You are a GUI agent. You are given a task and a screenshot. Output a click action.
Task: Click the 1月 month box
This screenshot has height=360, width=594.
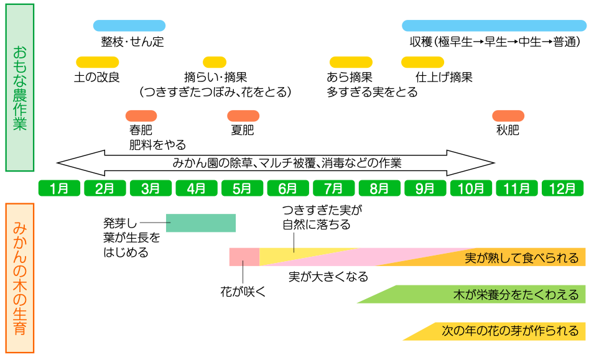(x=59, y=188)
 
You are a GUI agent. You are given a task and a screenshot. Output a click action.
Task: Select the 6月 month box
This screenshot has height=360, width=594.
(x=288, y=188)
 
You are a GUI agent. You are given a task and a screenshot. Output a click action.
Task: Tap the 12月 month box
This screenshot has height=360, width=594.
(x=563, y=188)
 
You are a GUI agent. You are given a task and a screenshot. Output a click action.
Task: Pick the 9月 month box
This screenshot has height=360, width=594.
(x=425, y=188)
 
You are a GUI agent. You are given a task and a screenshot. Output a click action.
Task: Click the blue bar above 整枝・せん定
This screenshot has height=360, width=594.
(x=129, y=25)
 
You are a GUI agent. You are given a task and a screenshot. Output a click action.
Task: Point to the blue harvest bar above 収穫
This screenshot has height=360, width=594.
(x=494, y=25)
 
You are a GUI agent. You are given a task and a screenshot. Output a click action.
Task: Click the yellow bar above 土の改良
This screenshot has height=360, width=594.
(x=97, y=62)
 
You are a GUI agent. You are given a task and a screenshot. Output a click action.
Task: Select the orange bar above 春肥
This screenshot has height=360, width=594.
(x=141, y=116)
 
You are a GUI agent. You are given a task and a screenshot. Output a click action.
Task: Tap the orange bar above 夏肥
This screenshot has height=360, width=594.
(x=243, y=116)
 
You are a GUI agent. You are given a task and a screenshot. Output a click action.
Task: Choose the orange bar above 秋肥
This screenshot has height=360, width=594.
(x=508, y=116)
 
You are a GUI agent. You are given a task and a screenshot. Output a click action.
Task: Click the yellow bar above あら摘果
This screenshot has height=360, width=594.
(x=351, y=62)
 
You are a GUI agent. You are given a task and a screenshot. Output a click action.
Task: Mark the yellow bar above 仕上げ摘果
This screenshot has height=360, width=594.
(x=422, y=62)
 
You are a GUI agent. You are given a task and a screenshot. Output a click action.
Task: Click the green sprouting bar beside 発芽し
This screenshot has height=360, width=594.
(x=201, y=223)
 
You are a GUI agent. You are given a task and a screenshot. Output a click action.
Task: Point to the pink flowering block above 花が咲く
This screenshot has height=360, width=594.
(x=244, y=256)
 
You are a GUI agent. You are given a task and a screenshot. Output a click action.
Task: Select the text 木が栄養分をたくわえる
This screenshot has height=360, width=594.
(x=516, y=295)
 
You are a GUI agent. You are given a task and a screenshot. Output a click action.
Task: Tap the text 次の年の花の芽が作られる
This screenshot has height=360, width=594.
(x=509, y=331)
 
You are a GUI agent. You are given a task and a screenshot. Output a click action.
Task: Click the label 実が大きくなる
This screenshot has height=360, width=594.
(x=328, y=277)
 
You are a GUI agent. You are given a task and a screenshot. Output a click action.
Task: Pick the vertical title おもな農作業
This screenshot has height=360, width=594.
(x=19, y=87)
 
